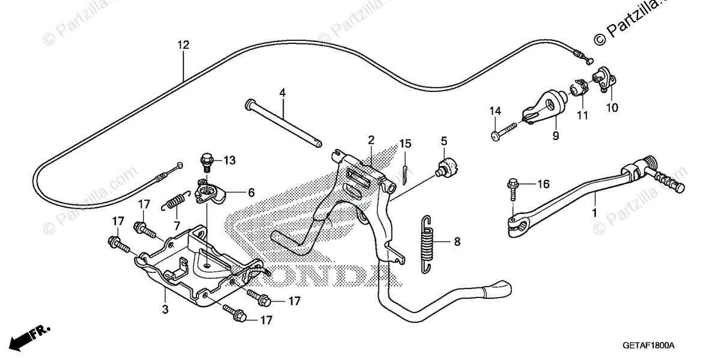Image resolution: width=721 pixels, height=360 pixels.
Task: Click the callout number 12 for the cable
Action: click(183, 44)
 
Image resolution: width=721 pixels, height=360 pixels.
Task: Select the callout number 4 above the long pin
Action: click(282, 93)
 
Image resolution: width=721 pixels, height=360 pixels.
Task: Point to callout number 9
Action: click(555, 136)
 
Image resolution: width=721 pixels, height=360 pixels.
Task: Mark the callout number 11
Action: click(580, 115)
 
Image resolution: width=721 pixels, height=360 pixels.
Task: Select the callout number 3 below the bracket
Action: click(165, 310)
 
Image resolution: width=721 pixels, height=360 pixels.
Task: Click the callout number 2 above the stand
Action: click(371, 141)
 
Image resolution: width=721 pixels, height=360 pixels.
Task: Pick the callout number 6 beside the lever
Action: click(251, 192)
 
